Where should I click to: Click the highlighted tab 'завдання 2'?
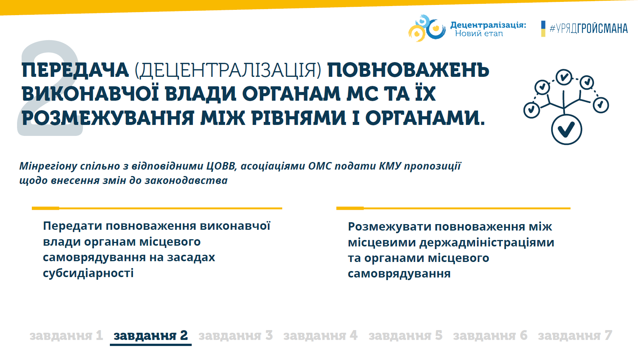coord(150,335)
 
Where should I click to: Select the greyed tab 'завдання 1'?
coord(66,335)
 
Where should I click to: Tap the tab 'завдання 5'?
coord(405,335)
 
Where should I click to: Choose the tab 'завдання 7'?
coord(575,335)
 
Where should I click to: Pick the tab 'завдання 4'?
coord(320,335)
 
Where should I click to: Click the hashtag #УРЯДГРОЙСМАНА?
coord(589,29)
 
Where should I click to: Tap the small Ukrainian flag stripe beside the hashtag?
coord(543,29)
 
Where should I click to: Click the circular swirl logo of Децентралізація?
coord(427,28)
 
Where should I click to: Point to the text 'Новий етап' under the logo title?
coord(479,34)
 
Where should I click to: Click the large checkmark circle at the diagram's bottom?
coord(567,129)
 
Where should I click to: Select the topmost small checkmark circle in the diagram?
coord(564,77)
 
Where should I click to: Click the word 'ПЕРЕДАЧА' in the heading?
coord(75,70)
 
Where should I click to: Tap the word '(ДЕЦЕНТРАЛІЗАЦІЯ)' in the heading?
coord(228,70)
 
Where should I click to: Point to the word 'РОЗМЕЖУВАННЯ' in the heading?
coord(108,118)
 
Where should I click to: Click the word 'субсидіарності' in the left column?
coord(88,273)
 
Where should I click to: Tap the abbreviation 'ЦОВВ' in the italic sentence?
coord(222,166)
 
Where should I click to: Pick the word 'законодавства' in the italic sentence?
coord(186,181)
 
